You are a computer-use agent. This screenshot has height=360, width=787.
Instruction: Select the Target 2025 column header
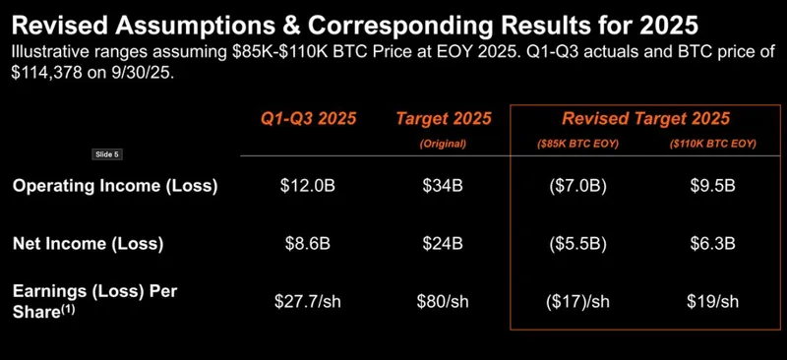(x=437, y=119)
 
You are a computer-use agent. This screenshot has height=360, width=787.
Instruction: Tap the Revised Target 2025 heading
(x=645, y=119)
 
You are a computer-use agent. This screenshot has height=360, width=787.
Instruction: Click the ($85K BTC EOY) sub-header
(x=576, y=144)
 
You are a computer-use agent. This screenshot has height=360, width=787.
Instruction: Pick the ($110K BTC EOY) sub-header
(x=709, y=144)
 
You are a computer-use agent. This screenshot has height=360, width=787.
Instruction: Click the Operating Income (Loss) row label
(x=115, y=186)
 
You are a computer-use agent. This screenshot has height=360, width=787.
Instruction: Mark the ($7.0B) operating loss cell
(x=576, y=186)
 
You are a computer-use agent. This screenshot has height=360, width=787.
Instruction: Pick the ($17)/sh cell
(x=576, y=301)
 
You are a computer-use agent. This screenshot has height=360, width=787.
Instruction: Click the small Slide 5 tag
(x=105, y=154)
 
